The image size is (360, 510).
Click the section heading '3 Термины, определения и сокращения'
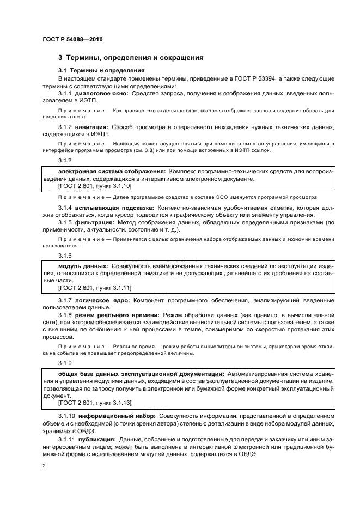coord(131,57)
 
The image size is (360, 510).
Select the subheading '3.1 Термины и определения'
coord(101,71)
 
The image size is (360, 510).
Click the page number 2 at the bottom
coord(44,467)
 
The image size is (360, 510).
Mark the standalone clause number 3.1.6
coord(65,254)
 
